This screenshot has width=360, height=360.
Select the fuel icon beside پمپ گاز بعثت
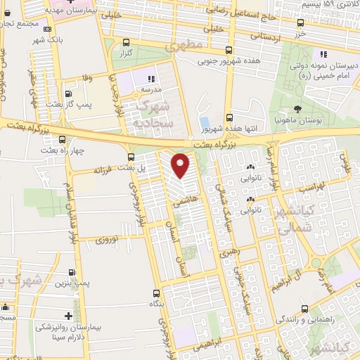coord(69,91)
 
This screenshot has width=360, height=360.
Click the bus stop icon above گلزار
coord(126,41)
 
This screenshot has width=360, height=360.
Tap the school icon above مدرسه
coord(151,77)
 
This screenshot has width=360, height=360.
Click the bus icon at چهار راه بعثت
coord(63,139)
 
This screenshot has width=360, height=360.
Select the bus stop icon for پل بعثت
coord(130,155)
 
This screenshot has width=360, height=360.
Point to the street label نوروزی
coord(109,240)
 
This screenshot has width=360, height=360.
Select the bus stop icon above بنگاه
coord(155,292)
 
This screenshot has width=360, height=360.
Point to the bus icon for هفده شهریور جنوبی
coord(229,50)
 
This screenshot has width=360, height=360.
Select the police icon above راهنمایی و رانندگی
coord(304,309)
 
